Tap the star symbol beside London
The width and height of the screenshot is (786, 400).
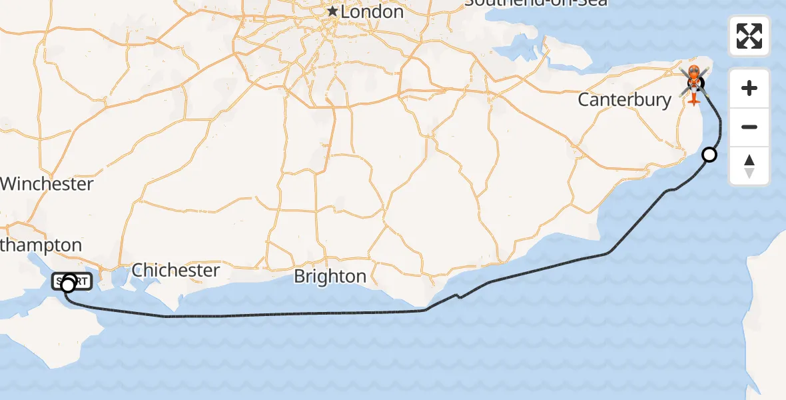332,12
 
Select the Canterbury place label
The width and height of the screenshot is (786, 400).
624,100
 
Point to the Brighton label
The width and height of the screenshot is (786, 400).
330,277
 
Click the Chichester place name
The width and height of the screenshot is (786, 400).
175,270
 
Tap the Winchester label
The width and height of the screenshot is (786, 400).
47,184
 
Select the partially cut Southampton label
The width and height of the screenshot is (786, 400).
41,245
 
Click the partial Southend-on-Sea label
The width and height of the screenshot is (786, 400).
536,3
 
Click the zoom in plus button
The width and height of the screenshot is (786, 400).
749,88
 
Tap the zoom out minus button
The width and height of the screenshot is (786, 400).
749,127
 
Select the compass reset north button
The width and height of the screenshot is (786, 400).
749,166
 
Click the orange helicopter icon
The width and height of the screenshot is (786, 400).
693,85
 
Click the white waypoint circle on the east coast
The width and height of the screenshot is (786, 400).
709,155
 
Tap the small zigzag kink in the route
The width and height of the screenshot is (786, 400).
457,296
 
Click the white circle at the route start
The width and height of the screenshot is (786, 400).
67,286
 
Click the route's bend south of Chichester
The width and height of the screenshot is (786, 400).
166,316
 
